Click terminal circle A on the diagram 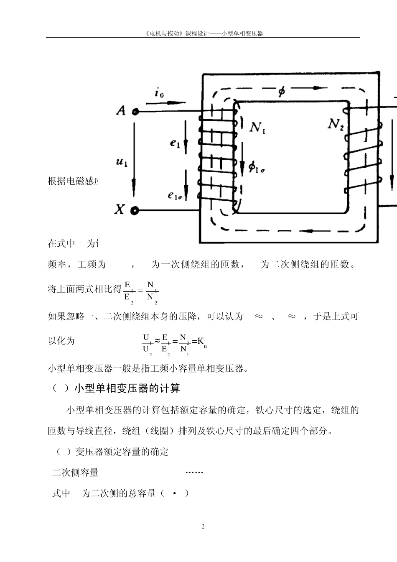[135, 112]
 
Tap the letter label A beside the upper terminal [121, 111]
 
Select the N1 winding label [257, 127]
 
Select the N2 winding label [335, 124]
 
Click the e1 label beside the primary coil [175, 144]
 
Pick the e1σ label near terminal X [175, 195]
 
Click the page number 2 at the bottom [203, 526]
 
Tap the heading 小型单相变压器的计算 [127, 388]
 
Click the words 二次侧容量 [75, 473]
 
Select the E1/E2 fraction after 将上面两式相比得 [129, 291]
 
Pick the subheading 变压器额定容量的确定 [122, 452]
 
